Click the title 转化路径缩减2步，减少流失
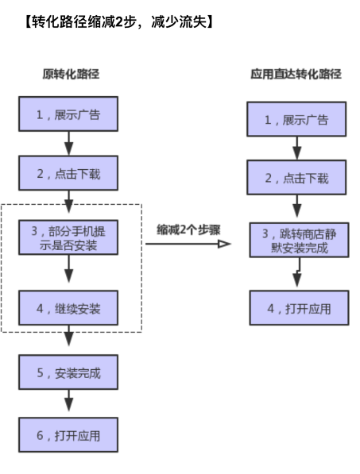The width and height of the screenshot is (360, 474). (x=118, y=21)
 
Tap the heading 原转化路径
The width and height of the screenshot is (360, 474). (x=71, y=75)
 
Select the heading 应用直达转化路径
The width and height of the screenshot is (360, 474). (x=296, y=75)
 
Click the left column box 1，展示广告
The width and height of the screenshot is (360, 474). (x=68, y=114)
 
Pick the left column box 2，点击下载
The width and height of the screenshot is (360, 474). (x=68, y=172)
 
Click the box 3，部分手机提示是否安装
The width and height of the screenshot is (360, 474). (x=68, y=237)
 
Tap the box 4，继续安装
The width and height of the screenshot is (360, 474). (x=68, y=306)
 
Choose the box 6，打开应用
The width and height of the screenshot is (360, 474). (x=68, y=434)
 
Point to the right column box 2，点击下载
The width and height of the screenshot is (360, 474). (x=296, y=178)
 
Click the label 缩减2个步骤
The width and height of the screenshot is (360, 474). (x=188, y=229)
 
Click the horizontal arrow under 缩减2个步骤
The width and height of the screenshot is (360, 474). (x=188, y=244)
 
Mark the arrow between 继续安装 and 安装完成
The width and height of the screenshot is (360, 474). (x=68, y=338)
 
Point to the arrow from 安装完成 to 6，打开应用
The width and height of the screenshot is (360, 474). (x=68, y=403)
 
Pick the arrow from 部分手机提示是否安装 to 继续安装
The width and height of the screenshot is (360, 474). (x=68, y=272)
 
